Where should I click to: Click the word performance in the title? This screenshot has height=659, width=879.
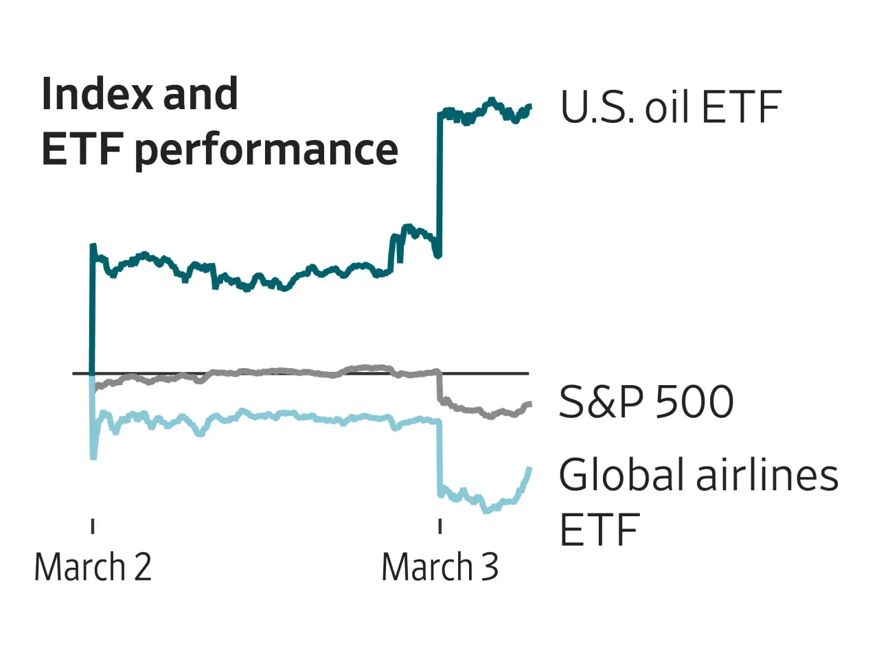266,150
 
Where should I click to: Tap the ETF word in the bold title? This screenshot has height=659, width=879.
82,150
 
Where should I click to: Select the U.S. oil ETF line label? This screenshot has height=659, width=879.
670,108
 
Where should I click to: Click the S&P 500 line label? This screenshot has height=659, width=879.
646,402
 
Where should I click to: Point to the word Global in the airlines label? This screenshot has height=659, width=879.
621,475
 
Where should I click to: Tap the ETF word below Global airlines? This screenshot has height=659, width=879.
600,530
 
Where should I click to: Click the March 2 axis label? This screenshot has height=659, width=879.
93,568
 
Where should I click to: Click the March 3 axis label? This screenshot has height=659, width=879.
440,568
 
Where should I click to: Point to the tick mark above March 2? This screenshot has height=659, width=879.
93,526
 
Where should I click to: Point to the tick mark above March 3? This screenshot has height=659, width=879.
439,526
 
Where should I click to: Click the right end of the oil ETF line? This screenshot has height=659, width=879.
529,106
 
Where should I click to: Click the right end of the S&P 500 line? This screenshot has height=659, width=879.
529,404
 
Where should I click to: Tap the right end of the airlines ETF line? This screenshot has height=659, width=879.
529,469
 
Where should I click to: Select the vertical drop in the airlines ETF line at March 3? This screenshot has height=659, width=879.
439,456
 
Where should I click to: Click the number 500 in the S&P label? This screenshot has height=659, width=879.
694,402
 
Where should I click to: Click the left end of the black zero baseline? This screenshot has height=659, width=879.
74,373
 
